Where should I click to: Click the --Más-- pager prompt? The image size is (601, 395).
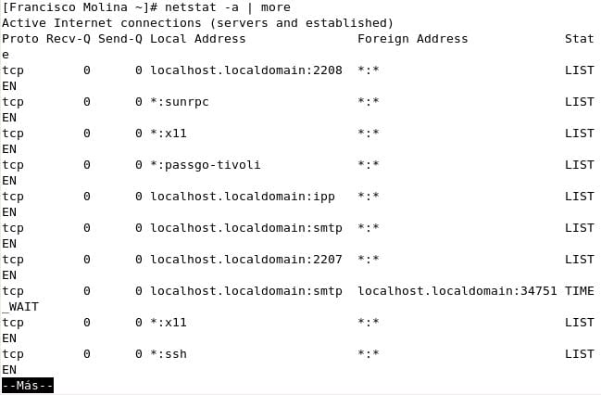pos(28,386)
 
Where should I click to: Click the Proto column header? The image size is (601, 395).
pos(20,39)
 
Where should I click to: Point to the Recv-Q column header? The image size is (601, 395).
pos(69,39)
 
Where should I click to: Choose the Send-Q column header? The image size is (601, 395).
pos(120,39)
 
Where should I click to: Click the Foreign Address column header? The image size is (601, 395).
pos(412,39)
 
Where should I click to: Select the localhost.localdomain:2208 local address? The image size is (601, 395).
pos(246,70)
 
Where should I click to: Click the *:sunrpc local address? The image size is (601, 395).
pos(180,102)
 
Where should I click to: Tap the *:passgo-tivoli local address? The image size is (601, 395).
pos(206,165)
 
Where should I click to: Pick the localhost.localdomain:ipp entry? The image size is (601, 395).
pos(243,197)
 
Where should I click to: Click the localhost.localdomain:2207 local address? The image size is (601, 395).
pos(246,260)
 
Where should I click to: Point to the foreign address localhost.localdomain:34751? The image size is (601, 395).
pos(457,291)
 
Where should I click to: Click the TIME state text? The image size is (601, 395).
pos(579,291)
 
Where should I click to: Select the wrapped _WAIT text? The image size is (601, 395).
pos(20,307)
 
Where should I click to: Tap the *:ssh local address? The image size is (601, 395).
pos(169,354)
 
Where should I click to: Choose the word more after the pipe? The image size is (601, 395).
pos(276,7)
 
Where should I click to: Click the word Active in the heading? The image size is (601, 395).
pos(24,23)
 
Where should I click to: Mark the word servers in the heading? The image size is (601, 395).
pos(239,23)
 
